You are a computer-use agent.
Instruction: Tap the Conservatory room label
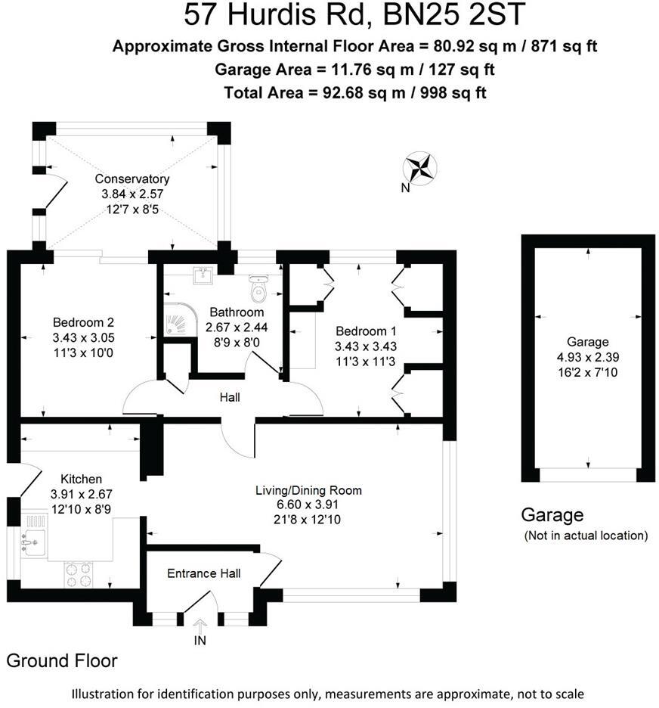pyautogui.click(x=132, y=179)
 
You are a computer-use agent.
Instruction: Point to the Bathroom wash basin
pyautogui.click(x=203, y=278)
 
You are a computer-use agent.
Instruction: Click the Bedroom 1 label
pyautogui.click(x=366, y=331)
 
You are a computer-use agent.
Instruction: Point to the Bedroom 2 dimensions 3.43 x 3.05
pyautogui.click(x=83, y=337)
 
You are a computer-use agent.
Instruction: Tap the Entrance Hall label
pyautogui.click(x=203, y=573)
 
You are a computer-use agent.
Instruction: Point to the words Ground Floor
pyautogui.click(x=62, y=660)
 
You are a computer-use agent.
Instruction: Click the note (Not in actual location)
pyautogui.click(x=586, y=536)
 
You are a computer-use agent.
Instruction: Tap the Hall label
pyautogui.click(x=230, y=397)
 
